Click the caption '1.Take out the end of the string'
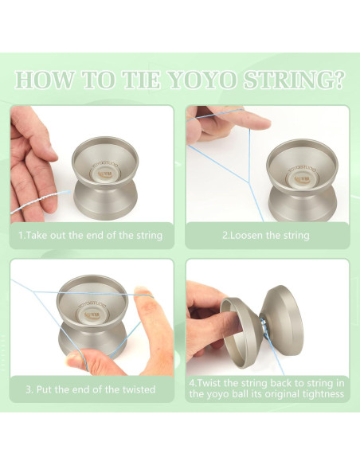[90, 235]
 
